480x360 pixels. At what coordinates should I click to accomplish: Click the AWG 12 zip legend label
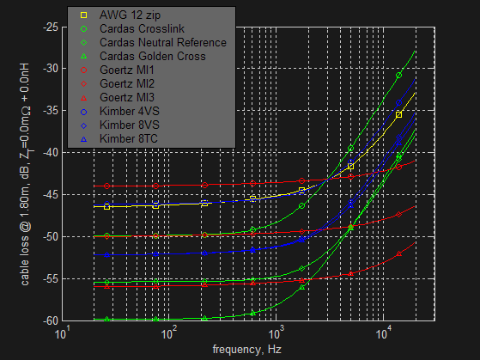130,15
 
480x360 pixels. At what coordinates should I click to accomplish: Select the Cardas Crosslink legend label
142,29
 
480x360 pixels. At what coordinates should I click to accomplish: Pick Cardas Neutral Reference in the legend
163,43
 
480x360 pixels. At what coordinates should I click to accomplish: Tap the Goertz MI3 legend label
127,97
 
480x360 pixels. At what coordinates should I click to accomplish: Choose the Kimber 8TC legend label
129,139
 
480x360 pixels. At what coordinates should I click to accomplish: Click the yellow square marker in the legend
83,15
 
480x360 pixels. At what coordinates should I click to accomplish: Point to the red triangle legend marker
83,98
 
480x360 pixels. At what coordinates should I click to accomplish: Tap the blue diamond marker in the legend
83,125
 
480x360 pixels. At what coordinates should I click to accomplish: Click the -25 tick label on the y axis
51,27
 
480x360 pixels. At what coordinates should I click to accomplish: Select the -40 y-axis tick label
51,153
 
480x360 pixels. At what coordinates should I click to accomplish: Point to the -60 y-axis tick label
51,320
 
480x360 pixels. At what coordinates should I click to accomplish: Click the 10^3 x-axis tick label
276,333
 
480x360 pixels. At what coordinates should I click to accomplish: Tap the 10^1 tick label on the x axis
63,333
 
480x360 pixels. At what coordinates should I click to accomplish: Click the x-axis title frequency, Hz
247,350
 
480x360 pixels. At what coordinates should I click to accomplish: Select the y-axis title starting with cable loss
25,174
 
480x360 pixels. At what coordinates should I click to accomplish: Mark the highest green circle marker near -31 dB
398,76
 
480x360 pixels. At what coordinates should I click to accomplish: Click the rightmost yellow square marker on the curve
398,115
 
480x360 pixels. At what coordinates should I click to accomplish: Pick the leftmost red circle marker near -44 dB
106,186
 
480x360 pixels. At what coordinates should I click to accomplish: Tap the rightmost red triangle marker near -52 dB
398,253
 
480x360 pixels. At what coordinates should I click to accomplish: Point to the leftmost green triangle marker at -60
106,320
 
